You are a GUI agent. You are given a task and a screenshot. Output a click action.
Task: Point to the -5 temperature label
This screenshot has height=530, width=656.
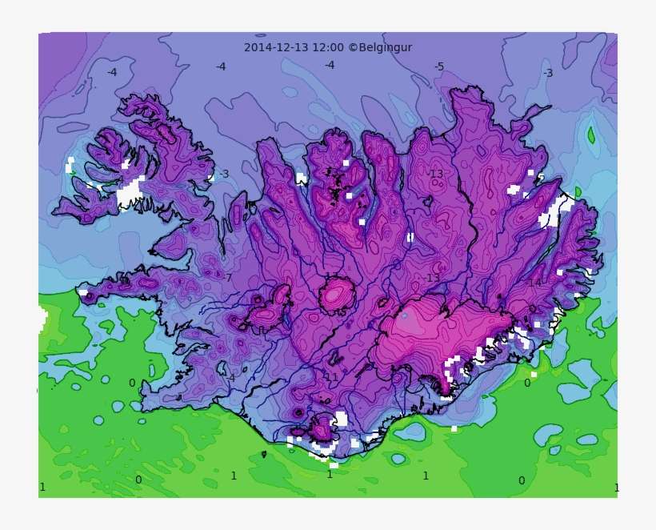pos(438,66)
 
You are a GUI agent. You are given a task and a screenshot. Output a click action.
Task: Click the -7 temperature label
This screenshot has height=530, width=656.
pos(227,278)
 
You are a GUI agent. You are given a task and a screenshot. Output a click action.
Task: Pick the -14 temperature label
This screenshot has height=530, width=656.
pos(533,283)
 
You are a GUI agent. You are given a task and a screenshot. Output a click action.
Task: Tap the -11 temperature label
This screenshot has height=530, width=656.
pos(330,377)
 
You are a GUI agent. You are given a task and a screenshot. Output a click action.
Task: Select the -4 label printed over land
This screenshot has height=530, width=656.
pos(230,378)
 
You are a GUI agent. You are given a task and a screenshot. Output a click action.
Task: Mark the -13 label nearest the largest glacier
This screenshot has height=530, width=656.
pos(432,278)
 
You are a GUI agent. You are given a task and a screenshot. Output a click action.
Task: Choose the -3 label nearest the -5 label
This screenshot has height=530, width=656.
pos(547,73)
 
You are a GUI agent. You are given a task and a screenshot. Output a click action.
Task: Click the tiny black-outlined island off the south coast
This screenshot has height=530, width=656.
pos(264,454)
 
